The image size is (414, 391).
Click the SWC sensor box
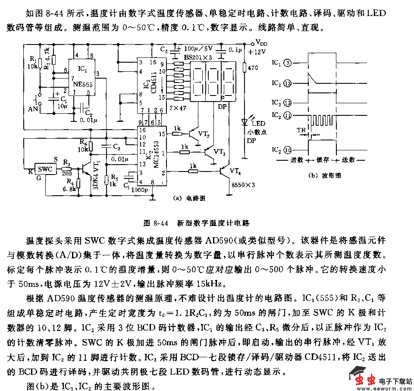pyautogui.click(x=45, y=169)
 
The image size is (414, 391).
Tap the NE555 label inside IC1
pyautogui.click(x=83, y=85)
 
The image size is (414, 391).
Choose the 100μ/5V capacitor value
pyautogui.click(x=198, y=48)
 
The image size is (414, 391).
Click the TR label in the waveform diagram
pyautogui.click(x=302, y=130)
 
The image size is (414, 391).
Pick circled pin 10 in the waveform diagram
pyautogui.click(x=288, y=150)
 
